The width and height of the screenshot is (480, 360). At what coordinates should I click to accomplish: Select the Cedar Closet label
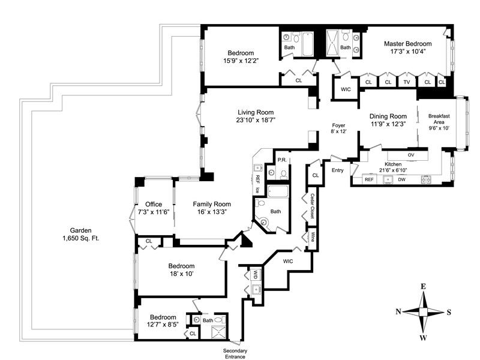tap(313, 208)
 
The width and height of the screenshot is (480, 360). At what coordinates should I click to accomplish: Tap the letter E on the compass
tap(424, 287)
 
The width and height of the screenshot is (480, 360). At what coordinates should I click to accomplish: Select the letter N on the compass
tap(398, 311)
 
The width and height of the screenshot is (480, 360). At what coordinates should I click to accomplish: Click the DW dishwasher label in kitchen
tap(401, 179)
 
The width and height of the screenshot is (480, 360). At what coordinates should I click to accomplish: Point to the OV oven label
tap(411, 155)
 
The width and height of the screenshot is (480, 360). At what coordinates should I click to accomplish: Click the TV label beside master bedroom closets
tap(407, 82)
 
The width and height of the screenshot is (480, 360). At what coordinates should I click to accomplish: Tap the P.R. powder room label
tap(281, 160)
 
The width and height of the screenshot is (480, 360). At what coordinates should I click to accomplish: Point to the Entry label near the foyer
tap(338, 170)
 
